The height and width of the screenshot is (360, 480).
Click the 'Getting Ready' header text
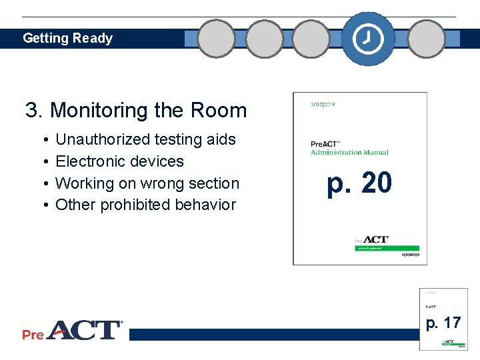coord(67,39)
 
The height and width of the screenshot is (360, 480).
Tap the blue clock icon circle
coord(368,39)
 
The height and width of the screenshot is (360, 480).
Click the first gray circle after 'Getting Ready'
coord(217,39)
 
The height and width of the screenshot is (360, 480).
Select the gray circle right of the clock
coord(427,39)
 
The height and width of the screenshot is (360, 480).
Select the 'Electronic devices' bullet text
coord(119,161)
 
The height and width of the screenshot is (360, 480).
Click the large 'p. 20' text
coord(359,184)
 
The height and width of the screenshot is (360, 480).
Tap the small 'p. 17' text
coord(443,323)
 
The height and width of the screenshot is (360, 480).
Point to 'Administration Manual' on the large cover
coord(349,153)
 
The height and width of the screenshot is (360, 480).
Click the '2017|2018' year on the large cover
coord(324,104)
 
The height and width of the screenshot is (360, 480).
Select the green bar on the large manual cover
coord(387,248)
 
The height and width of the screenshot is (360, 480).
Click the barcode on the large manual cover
coord(410,255)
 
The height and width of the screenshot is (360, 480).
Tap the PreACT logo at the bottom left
coord(72,331)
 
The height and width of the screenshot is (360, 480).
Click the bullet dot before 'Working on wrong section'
coord(43,183)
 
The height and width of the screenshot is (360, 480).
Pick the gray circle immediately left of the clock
coord(311,39)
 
